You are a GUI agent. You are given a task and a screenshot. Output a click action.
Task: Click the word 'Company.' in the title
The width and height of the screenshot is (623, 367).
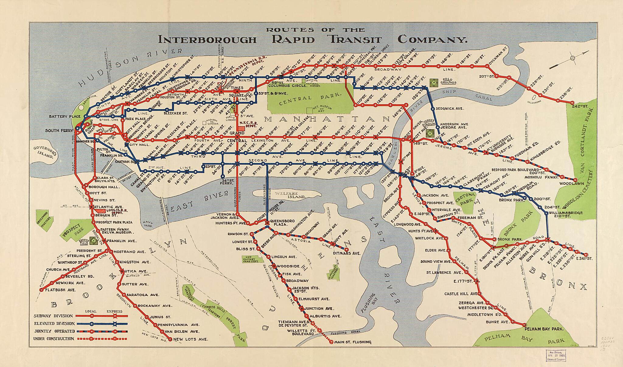[x=432, y=40]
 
